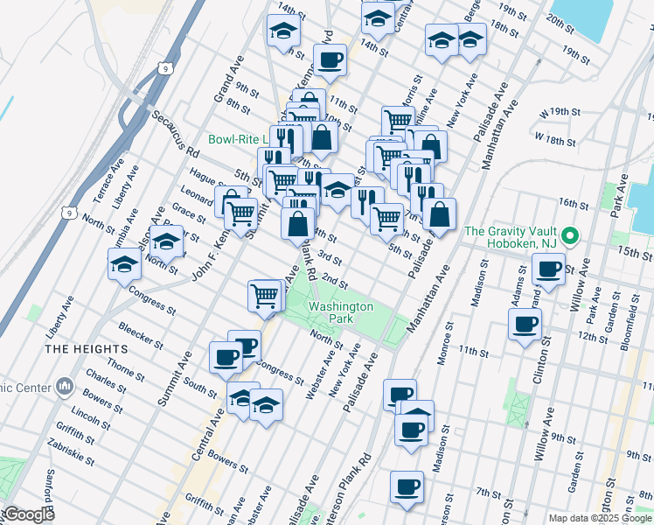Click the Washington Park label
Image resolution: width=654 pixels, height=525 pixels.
[341, 313]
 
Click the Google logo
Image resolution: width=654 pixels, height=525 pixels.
[28, 515]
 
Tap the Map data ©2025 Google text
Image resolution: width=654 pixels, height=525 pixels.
[600, 518]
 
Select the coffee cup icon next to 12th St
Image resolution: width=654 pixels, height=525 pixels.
[525, 325]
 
